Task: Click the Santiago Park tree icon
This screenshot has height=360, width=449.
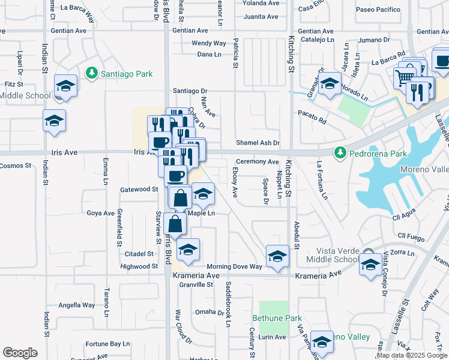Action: tap(91, 74)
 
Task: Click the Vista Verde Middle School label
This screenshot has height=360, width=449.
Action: tap(332, 254)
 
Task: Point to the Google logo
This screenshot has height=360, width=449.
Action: tap(20, 353)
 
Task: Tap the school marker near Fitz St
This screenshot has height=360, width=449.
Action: tap(65, 86)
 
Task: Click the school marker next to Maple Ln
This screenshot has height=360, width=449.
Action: tap(203, 194)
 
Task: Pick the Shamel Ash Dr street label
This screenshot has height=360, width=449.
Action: tap(258, 143)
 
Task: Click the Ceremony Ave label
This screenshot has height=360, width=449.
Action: tap(257, 162)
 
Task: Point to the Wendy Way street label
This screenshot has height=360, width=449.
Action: tap(209, 43)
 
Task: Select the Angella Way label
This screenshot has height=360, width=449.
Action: tap(77, 305)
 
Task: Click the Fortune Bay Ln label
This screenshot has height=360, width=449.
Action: tap(107, 344)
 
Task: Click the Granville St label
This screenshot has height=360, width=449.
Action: tap(196, 285)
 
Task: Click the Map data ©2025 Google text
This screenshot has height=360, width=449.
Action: tap(411, 355)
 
